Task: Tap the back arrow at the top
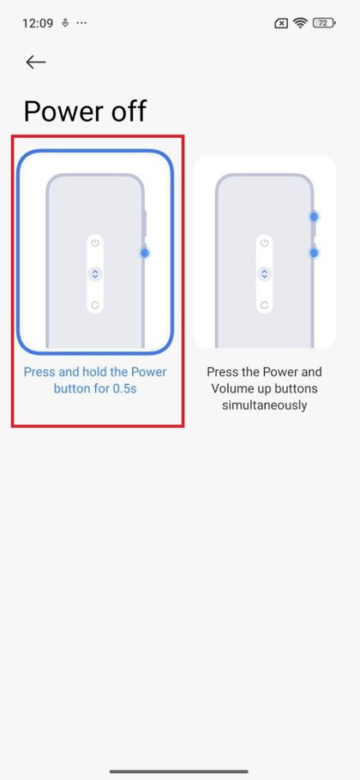click(x=35, y=62)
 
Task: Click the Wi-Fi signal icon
click(x=300, y=23)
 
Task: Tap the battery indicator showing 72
click(x=325, y=23)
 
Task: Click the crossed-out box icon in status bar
click(x=281, y=23)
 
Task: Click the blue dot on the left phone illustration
click(x=144, y=252)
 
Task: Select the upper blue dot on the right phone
click(x=315, y=217)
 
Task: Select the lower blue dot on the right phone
click(x=315, y=252)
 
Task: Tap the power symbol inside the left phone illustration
click(x=95, y=243)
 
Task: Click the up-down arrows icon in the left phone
click(x=95, y=274)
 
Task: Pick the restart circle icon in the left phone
click(x=95, y=304)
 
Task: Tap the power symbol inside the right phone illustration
click(x=265, y=243)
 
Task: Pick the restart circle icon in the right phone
click(x=265, y=304)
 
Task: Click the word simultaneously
click(x=265, y=405)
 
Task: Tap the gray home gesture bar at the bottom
click(x=180, y=771)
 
